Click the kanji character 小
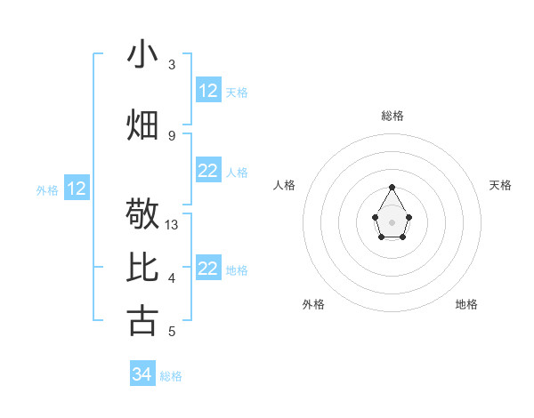[x=142, y=54]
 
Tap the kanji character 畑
[x=142, y=125]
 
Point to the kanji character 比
[x=142, y=268]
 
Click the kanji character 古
[x=142, y=321]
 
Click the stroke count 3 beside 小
[x=172, y=65]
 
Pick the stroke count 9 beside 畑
[x=172, y=135]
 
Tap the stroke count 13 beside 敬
[x=172, y=225]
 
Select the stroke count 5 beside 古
[x=172, y=332]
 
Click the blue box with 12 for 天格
[x=208, y=91]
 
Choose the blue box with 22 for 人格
[x=208, y=171]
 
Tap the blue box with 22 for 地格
[x=208, y=269]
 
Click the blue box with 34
[x=142, y=374]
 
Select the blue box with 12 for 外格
[x=77, y=189]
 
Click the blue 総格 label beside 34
[x=172, y=376]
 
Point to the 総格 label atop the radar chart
[x=392, y=116]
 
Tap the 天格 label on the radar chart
[x=500, y=185]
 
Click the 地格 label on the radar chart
[x=466, y=304]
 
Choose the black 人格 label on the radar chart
[x=285, y=185]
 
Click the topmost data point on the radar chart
[x=392, y=187]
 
